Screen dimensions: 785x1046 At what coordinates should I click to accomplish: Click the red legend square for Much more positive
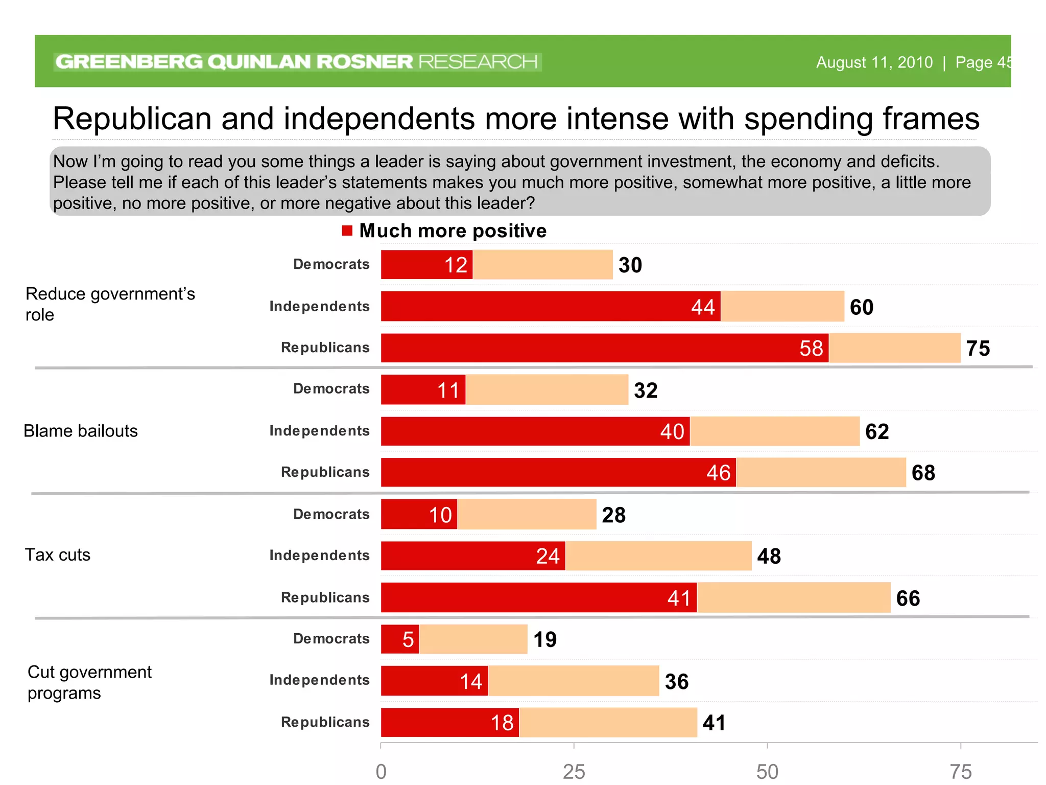347,231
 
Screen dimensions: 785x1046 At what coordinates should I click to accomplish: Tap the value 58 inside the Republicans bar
811,349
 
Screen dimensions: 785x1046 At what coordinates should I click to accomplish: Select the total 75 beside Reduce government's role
978,349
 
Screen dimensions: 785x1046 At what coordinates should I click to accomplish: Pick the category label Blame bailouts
81,431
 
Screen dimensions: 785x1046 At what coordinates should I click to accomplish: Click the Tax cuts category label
58,555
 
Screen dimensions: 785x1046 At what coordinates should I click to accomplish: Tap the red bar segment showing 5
400,639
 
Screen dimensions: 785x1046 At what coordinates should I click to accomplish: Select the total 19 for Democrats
545,639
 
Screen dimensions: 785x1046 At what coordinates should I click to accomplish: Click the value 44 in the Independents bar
703,307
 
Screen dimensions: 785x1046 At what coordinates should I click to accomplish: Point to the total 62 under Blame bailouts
877,432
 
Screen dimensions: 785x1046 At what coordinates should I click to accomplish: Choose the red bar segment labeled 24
473,556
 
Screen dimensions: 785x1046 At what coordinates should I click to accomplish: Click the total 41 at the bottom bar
714,723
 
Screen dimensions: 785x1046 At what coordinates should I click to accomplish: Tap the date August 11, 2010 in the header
874,62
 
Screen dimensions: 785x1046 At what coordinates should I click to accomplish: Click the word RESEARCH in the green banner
478,62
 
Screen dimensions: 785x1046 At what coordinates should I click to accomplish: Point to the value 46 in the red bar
718,473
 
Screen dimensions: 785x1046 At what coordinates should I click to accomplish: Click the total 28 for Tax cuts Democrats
613,515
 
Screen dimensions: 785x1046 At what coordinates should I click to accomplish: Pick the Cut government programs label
89,682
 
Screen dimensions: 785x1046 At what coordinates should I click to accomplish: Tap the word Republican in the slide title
132,119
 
